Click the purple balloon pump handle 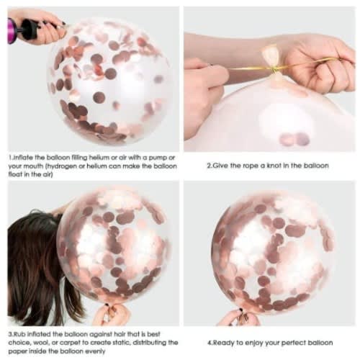click(12, 31)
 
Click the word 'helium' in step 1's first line click(99, 158)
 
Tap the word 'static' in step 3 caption click(122, 343)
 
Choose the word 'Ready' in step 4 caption click(224, 343)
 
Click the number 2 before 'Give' click(209, 166)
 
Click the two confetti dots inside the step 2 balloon click(294, 139)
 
